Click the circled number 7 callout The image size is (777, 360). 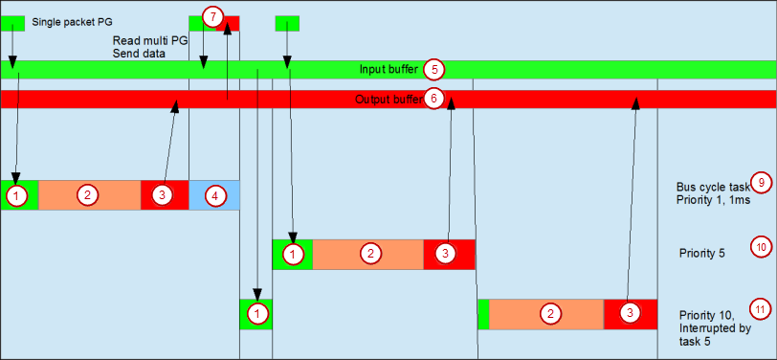(x=213, y=16)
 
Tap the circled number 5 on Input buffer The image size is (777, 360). (x=434, y=69)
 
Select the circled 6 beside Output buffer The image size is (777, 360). (x=433, y=99)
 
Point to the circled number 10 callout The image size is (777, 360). (x=761, y=246)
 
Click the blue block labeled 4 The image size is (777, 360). (x=214, y=195)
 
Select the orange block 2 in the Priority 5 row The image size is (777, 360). (x=368, y=255)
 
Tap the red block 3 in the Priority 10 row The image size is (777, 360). (x=630, y=314)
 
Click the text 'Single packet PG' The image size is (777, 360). (x=73, y=20)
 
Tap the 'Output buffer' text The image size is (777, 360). (x=388, y=100)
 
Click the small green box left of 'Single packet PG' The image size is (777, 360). (x=12, y=21)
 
